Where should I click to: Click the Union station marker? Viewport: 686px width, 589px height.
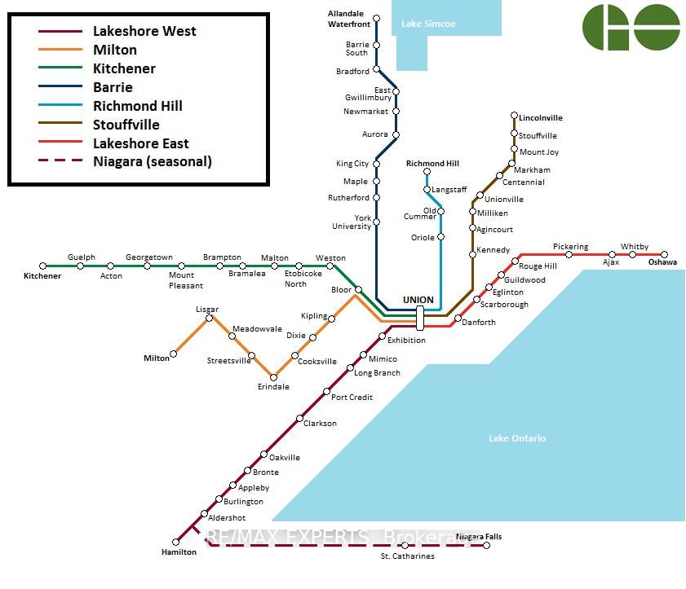[420, 318]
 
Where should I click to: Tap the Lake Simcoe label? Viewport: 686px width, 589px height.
[429, 24]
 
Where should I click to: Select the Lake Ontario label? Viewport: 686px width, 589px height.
[517, 438]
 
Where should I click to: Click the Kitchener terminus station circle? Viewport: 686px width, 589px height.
[42, 266]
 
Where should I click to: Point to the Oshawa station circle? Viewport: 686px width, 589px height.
[664, 254]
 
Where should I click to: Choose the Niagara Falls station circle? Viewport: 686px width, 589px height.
[486, 545]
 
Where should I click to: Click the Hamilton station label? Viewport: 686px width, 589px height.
[179, 552]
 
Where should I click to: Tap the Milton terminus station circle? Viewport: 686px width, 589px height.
[173, 354]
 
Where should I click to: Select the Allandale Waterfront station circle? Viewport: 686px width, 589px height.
[376, 19]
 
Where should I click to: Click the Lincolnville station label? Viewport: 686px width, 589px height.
[541, 118]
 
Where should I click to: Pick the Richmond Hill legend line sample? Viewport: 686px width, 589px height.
[60, 105]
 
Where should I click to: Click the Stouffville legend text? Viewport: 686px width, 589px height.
[126, 125]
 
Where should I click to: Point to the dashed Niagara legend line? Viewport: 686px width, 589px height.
[60, 160]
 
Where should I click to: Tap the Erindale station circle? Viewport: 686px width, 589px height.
[273, 377]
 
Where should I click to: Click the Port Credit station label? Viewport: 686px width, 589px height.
[352, 398]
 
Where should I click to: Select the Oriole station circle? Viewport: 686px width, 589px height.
[441, 237]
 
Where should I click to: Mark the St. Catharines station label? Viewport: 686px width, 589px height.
[408, 556]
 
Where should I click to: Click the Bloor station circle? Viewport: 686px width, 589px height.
[358, 290]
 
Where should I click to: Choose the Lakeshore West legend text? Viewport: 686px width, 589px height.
[144, 31]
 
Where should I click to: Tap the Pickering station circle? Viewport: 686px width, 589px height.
[569, 254]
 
